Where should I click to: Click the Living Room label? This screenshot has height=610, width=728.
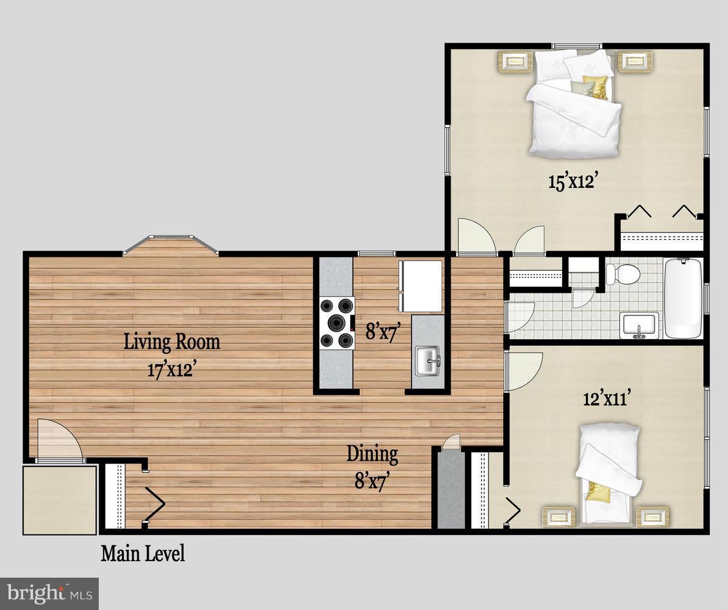(x=172, y=342)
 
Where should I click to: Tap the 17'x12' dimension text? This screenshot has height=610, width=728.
(x=172, y=370)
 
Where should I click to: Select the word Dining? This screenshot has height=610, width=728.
(x=372, y=454)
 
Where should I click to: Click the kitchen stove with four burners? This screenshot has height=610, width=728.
(x=337, y=323)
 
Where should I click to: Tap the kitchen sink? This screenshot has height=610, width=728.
(x=428, y=361)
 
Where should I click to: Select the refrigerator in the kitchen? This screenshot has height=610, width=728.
(x=421, y=285)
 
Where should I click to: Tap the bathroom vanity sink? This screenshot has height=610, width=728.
(x=638, y=325)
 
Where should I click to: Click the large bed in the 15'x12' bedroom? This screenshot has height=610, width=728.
(x=573, y=104)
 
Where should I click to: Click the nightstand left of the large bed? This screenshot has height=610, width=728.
(x=516, y=62)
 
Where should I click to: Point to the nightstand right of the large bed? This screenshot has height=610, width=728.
(x=634, y=62)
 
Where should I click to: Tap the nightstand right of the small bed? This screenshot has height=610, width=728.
(x=652, y=517)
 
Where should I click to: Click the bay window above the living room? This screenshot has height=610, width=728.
(x=171, y=245)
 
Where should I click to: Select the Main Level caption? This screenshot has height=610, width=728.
(x=143, y=554)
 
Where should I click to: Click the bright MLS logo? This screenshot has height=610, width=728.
(x=49, y=593)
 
